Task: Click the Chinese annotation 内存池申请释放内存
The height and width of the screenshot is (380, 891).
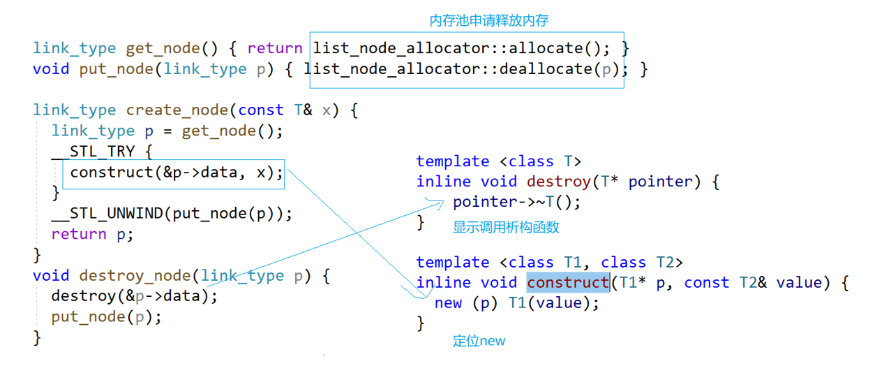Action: pyautogui.click(x=488, y=21)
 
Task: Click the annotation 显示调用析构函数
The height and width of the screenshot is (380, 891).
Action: pyautogui.click(x=506, y=228)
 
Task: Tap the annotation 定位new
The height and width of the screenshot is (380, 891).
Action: pyautogui.click(x=479, y=341)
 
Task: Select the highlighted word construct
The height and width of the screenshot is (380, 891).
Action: pyautogui.click(x=568, y=283)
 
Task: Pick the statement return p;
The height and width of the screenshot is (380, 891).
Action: pyautogui.click(x=91, y=234)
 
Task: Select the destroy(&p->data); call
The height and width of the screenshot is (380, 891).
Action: pyautogui.click(x=134, y=296)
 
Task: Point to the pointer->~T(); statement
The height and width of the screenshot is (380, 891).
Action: pyautogui.click(x=516, y=203)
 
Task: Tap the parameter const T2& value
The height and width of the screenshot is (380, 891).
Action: pyautogui.click(x=754, y=283)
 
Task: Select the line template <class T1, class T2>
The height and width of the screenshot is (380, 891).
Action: pyautogui.click(x=549, y=263)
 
